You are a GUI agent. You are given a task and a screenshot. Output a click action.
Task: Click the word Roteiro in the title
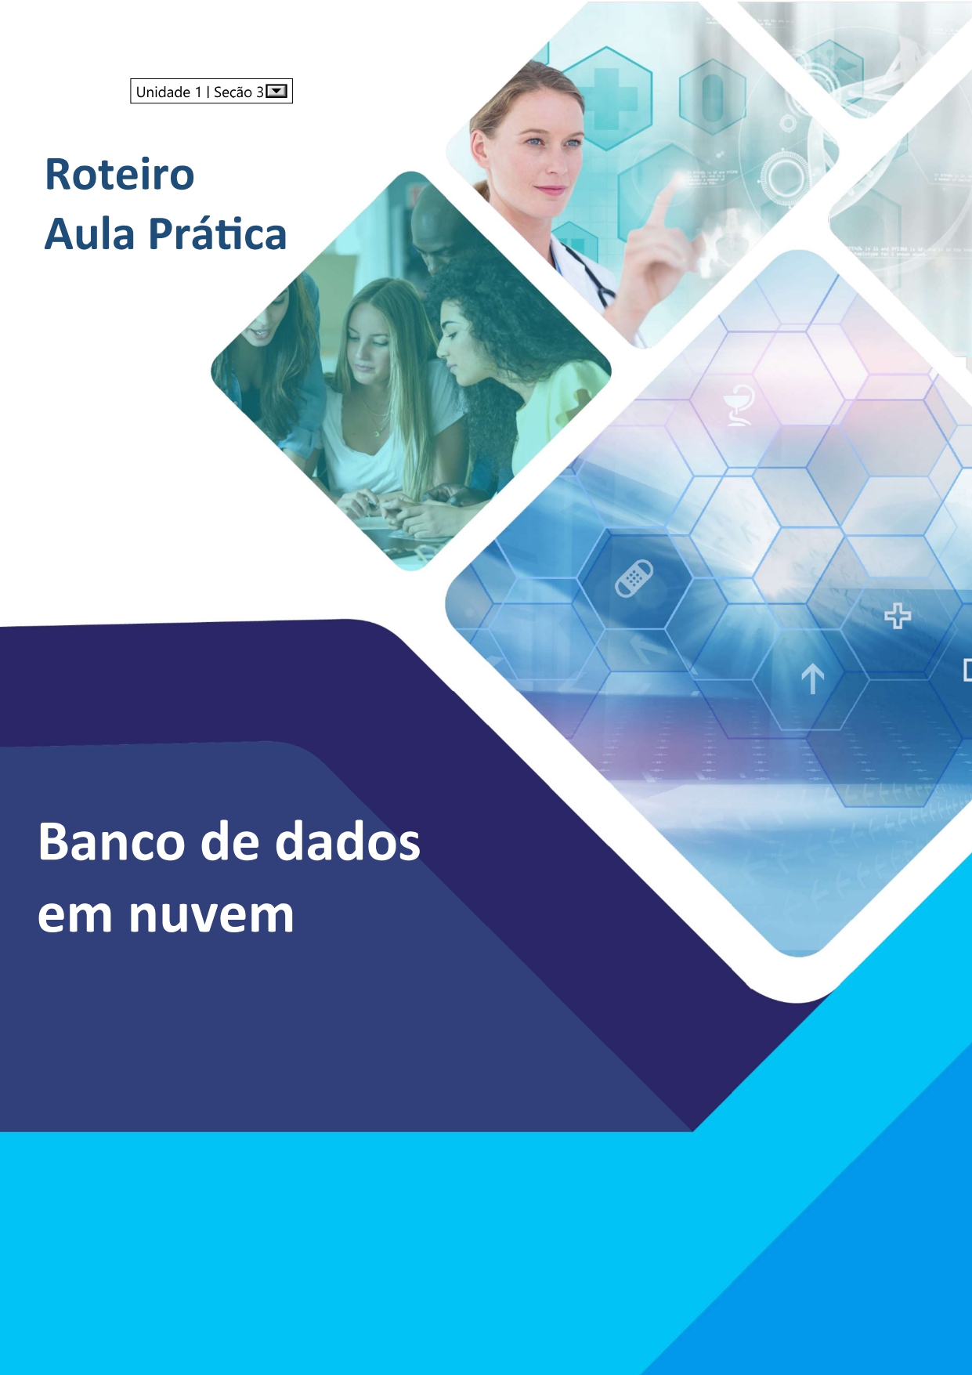[x=120, y=174]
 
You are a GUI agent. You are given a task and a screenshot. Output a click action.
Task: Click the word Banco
[x=110, y=842]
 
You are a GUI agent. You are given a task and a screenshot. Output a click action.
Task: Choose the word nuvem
[x=211, y=914]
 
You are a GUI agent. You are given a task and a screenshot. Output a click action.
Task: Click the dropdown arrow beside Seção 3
[x=277, y=92]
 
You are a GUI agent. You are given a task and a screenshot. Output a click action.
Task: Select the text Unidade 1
[x=168, y=92]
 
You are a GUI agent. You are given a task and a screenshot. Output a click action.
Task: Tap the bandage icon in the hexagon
[x=634, y=578]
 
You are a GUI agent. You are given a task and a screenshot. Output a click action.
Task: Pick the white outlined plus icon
[x=898, y=617]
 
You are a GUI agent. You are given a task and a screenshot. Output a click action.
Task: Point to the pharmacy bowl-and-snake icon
[x=739, y=405]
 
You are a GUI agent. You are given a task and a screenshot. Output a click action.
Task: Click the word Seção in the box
[x=233, y=92]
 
